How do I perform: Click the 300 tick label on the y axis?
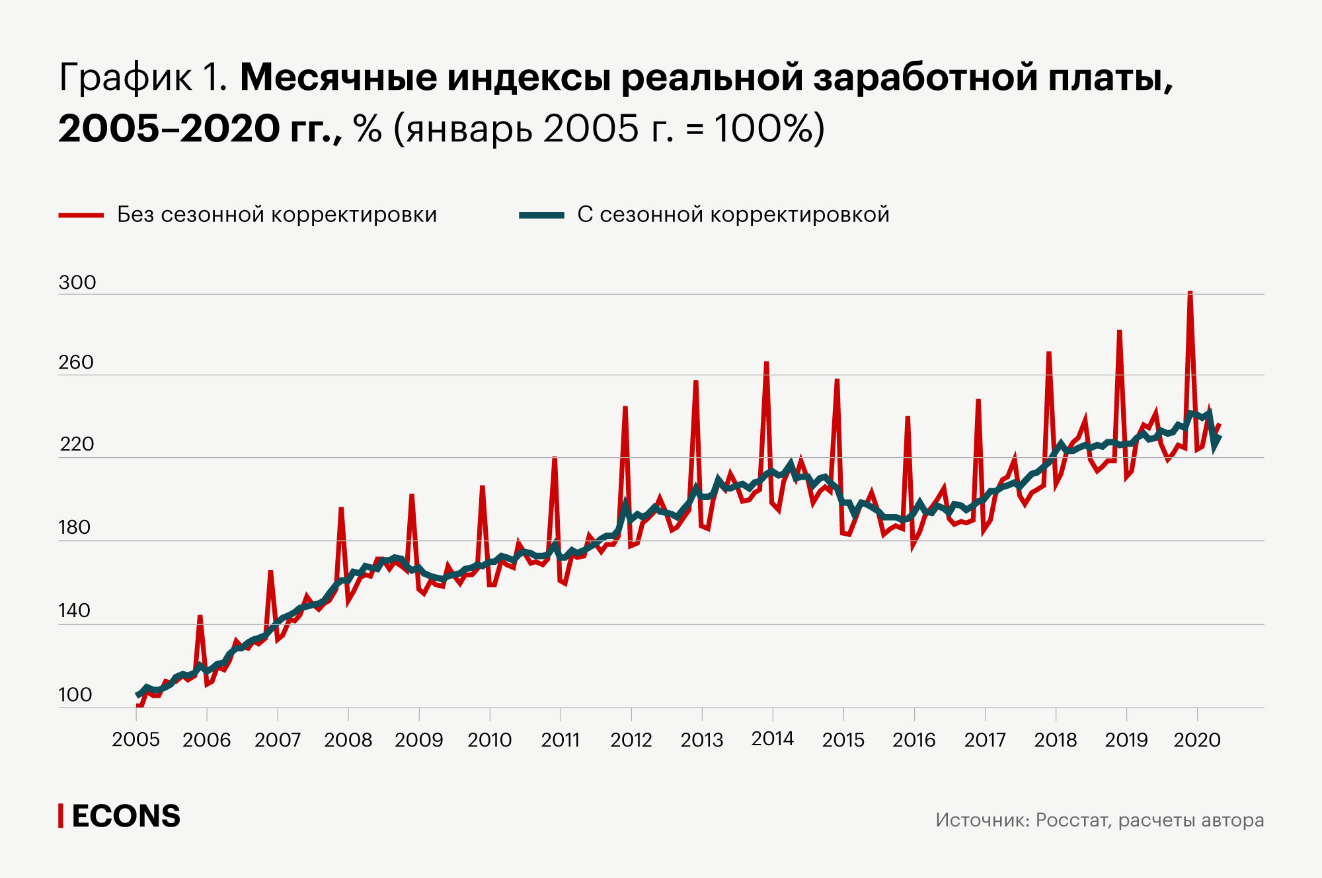[x=77, y=283]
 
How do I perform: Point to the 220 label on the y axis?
[x=77, y=444]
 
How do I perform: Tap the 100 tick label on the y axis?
[x=75, y=695]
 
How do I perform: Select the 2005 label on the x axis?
[x=136, y=739]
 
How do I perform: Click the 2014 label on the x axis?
[x=773, y=739]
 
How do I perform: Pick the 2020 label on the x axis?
[x=1197, y=739]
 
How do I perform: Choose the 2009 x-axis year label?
[x=419, y=739]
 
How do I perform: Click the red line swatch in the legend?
[x=81, y=215]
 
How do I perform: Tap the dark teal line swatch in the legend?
[x=541, y=215]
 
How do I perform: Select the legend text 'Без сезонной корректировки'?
[x=277, y=215]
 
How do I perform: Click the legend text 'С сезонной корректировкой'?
[x=733, y=215]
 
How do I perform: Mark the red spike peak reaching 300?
[x=1190, y=292]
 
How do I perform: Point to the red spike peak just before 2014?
[x=767, y=363]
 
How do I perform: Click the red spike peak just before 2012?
[x=625, y=408]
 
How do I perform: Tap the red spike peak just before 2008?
[x=341, y=509]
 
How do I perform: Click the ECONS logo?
[x=120, y=817]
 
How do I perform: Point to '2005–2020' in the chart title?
[x=169, y=128]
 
